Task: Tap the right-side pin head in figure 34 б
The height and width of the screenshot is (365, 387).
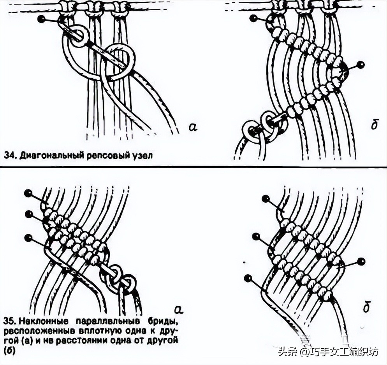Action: click(x=361, y=64)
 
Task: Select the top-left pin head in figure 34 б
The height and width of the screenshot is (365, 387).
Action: click(x=253, y=18)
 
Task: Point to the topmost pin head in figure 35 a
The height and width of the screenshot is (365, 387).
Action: click(x=28, y=193)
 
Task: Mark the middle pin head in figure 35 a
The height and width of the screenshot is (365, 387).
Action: click(x=28, y=214)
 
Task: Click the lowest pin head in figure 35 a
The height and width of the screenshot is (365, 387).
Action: click(x=28, y=237)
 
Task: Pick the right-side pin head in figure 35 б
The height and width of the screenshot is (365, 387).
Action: click(x=361, y=261)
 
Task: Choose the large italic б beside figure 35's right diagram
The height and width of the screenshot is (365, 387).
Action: click(x=366, y=307)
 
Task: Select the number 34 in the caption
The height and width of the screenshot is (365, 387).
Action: click(x=10, y=156)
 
